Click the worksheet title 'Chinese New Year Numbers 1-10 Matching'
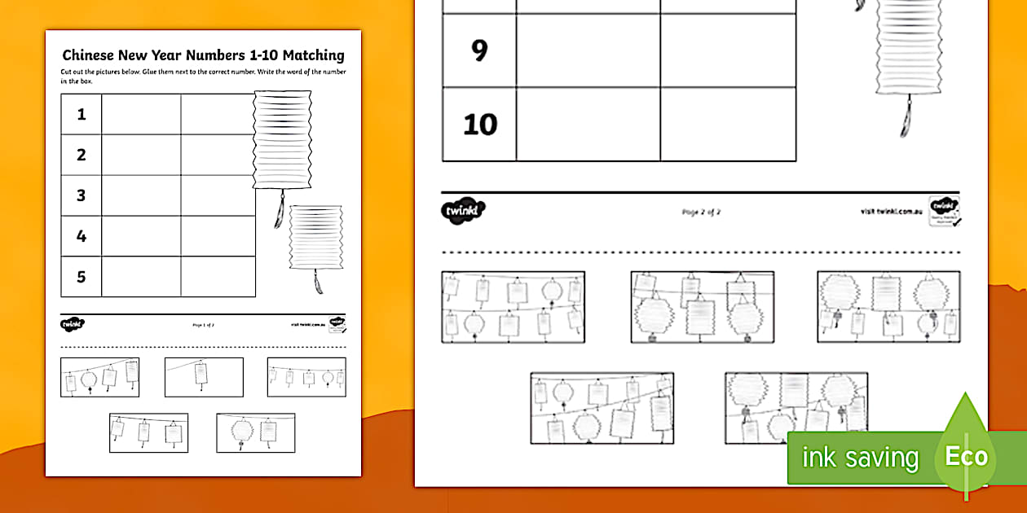pos(203,55)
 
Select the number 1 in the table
pos(82,115)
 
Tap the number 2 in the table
pos(82,155)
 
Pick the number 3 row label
pos(82,195)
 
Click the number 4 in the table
pos(82,236)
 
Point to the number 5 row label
pos(82,277)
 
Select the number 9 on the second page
pos(479,50)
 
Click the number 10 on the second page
pos(479,125)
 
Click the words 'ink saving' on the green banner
pos(860,458)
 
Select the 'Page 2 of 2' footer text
pos(701,212)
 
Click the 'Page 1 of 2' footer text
pos(203,324)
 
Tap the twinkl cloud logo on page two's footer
pos(464,211)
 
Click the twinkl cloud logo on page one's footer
pos(73,324)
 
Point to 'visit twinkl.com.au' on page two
pos(890,211)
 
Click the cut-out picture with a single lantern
pos(204,377)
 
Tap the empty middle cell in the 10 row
pos(588,125)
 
